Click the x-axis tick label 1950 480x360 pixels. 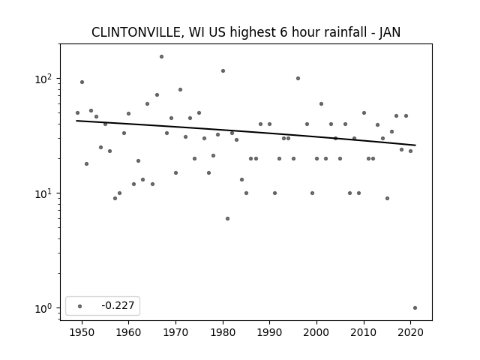click(x=82, y=332)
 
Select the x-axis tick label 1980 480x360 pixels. click(x=223, y=332)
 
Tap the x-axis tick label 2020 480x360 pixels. click(x=410, y=332)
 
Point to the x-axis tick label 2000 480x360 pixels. click(x=316, y=332)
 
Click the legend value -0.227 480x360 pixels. click(x=118, y=305)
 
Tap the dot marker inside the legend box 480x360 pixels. click(x=80, y=306)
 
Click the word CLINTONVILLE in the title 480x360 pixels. click(x=136, y=32)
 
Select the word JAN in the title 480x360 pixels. click(x=390, y=32)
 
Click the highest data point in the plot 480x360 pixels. click(x=162, y=57)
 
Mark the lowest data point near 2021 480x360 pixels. click(x=415, y=308)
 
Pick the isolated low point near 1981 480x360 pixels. click(x=227, y=218)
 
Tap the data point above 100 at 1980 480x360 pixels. click(x=223, y=71)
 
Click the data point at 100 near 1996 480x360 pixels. click(x=298, y=78)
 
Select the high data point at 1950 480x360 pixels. click(x=82, y=82)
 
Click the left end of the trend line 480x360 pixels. click(x=76, y=121)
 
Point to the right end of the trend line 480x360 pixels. click(x=415, y=145)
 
